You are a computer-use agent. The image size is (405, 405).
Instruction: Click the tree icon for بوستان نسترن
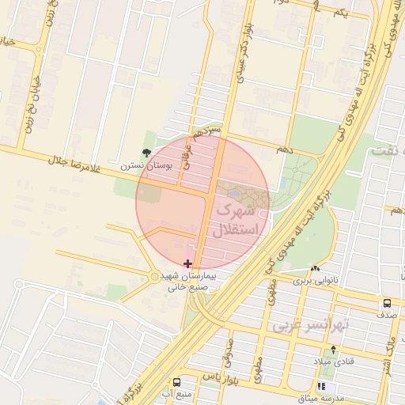(x=146, y=153)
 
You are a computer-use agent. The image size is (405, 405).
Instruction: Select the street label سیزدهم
(x=206, y=130)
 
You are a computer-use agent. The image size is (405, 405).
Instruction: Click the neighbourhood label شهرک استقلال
(x=233, y=221)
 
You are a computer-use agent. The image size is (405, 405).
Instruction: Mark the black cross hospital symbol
(x=187, y=263)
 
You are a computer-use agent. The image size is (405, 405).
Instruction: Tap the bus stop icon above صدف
(x=387, y=303)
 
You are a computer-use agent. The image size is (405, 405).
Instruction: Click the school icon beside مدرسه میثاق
(x=322, y=386)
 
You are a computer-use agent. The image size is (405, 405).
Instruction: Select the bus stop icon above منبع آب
(x=177, y=381)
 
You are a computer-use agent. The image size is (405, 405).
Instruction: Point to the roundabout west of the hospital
(x=153, y=276)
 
